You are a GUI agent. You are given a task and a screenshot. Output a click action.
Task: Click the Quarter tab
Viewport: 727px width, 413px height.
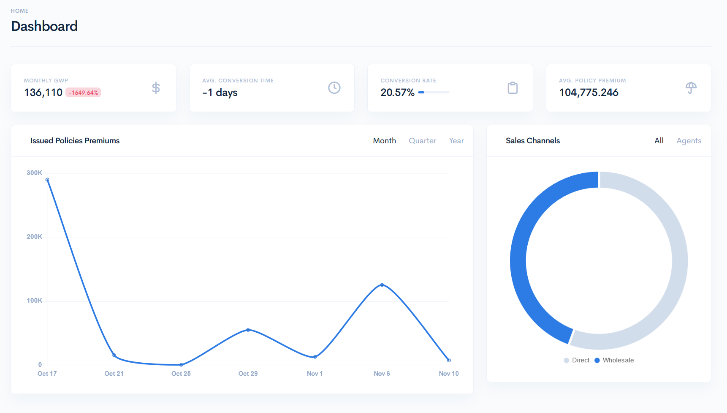[x=422, y=141]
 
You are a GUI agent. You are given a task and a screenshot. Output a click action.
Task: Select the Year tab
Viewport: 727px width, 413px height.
[x=456, y=141]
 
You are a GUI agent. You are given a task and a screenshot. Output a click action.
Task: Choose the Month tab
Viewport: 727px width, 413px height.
[x=384, y=141]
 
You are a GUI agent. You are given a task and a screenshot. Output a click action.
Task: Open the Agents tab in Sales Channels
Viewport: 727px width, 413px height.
[x=689, y=141]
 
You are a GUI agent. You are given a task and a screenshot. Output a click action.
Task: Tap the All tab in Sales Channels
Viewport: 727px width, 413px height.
[x=659, y=141]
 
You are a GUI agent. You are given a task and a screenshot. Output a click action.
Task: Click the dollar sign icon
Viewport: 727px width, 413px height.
[x=156, y=88]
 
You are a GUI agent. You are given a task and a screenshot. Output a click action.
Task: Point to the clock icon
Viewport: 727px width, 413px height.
[x=334, y=88]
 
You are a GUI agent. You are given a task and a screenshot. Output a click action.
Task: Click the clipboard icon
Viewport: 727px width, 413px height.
[x=512, y=88]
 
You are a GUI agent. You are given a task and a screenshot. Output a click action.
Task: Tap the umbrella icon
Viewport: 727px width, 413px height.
[x=691, y=88]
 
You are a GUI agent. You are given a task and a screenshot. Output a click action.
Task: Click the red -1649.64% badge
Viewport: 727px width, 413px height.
[x=83, y=93]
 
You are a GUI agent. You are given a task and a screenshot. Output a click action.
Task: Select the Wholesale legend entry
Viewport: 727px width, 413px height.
[x=614, y=360]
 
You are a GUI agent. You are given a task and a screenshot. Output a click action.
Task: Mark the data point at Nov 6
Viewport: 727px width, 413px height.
[x=382, y=285]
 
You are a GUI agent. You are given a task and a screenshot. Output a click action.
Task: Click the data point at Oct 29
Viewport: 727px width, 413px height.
[x=248, y=330]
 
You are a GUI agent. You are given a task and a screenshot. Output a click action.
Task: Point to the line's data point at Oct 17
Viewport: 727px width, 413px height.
[x=47, y=180]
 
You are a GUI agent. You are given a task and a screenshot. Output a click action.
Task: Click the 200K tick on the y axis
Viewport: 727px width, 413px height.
[x=34, y=237]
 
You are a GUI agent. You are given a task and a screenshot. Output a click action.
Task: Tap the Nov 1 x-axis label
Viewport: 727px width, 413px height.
[x=315, y=374]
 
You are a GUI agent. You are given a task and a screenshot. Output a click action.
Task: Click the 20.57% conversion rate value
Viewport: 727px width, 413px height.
[x=397, y=93]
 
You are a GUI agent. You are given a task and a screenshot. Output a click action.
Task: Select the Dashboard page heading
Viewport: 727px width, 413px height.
[x=44, y=26]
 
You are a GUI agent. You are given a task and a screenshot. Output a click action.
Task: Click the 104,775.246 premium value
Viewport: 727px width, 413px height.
[x=589, y=93]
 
